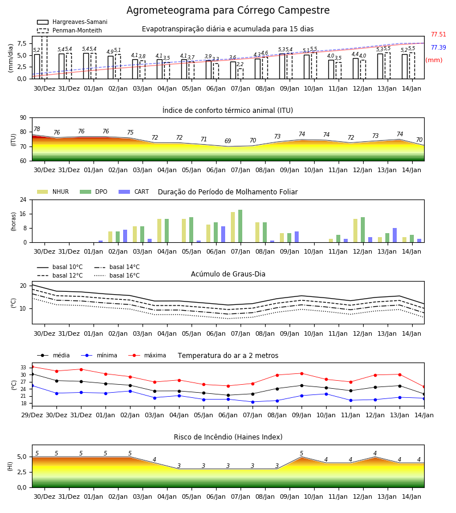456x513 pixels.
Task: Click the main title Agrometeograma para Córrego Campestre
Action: click(x=228, y=10)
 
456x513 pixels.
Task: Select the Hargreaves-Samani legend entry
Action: click(x=72, y=22)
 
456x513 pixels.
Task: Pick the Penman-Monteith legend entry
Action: click(x=70, y=30)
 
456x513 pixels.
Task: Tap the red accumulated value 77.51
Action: click(x=438, y=34)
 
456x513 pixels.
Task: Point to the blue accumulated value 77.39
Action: click(x=438, y=47)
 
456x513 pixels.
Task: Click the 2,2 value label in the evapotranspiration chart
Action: click(x=240, y=64)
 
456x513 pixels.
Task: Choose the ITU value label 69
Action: click(x=227, y=141)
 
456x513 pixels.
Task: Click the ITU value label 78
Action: click(x=36, y=129)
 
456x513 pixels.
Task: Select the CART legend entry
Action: click(x=134, y=192)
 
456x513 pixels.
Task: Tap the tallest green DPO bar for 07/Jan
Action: click(x=241, y=226)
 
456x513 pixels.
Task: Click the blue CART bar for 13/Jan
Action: click(x=395, y=235)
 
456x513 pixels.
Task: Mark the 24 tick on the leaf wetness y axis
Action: click(x=23, y=199)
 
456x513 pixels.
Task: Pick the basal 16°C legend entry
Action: click(x=117, y=275)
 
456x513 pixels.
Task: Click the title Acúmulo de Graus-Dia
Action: click(x=228, y=274)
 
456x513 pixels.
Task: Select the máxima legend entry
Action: click(x=148, y=355)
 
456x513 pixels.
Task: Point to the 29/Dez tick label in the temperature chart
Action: click(x=32, y=415)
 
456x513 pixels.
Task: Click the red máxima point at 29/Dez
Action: click(x=32, y=367)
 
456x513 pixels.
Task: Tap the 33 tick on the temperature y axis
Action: click(x=23, y=368)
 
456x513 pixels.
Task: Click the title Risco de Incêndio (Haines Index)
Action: click(x=228, y=437)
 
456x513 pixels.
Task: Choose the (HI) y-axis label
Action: click(x=10, y=466)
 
